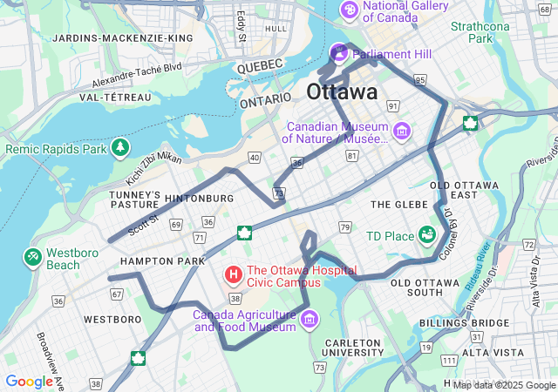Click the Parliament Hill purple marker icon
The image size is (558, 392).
(x=338, y=54)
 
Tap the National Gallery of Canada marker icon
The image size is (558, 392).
(x=349, y=10)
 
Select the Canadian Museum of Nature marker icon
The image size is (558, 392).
(x=402, y=132)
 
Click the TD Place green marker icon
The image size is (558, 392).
(x=427, y=235)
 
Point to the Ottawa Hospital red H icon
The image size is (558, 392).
(x=234, y=275)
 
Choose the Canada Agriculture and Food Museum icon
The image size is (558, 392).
(x=308, y=321)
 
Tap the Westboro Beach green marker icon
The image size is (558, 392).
(x=32, y=258)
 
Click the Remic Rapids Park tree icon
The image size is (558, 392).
(x=119, y=149)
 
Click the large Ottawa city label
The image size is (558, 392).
(x=343, y=91)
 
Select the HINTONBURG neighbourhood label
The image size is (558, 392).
(x=199, y=199)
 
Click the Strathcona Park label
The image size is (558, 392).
(x=480, y=32)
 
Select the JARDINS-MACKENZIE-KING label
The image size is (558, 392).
(x=123, y=38)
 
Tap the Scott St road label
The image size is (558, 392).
(x=143, y=225)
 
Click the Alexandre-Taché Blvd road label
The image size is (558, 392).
(x=137, y=75)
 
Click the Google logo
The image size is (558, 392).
(x=29, y=382)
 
